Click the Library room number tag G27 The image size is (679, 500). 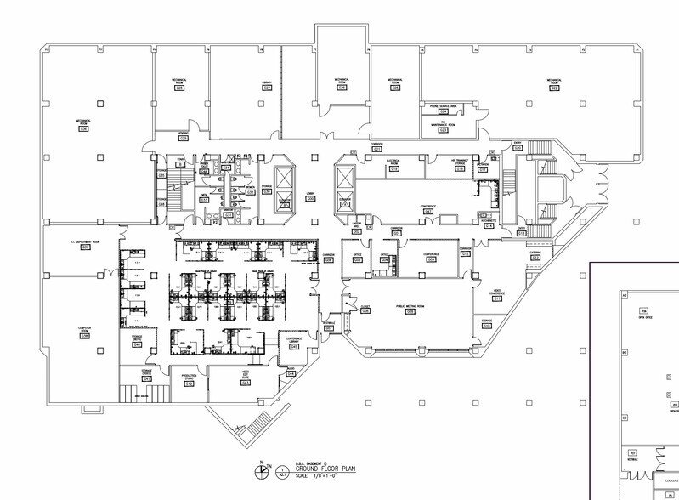(x=267, y=88)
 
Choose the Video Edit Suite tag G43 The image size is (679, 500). (x=246, y=383)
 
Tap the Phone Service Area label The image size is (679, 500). (x=443, y=106)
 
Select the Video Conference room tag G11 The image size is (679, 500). (x=497, y=298)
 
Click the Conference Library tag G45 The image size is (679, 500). (x=294, y=347)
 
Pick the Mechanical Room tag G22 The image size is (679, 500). (x=552, y=88)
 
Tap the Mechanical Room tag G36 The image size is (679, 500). (x=84, y=128)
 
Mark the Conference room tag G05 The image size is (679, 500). (x=431, y=259)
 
